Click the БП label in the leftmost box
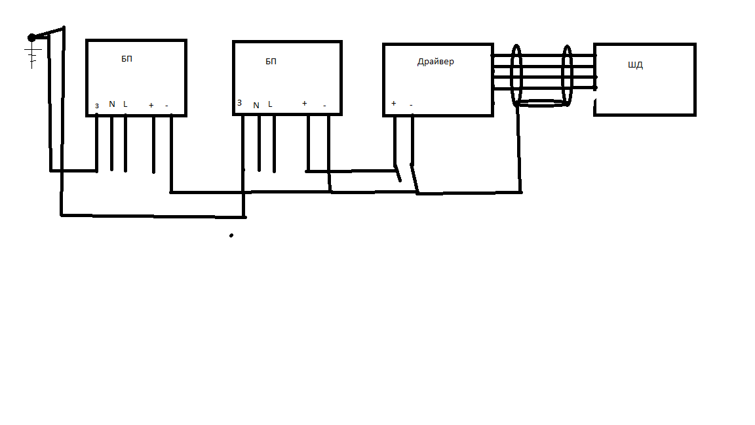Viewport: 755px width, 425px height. [x=127, y=58]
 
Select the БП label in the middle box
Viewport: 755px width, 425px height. [x=271, y=62]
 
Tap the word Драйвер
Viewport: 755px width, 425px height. [x=435, y=62]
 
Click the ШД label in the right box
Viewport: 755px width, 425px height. [x=635, y=66]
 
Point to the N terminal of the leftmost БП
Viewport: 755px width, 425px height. [x=111, y=104]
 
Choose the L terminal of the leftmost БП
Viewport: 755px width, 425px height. [x=125, y=104]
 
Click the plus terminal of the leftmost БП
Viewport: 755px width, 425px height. [x=151, y=104]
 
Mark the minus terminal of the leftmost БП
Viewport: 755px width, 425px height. [x=166, y=105]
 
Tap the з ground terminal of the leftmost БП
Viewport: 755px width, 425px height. [x=97, y=105]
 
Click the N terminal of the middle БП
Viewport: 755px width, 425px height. [x=256, y=105]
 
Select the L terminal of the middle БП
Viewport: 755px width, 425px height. [x=270, y=104]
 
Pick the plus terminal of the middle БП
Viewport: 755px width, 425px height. [x=304, y=103]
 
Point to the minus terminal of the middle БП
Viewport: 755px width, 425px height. [x=324, y=106]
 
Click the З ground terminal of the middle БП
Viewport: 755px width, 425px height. [x=239, y=103]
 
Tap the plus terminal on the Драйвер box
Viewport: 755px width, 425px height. [x=393, y=103]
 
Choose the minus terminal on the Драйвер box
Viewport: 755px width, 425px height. [x=411, y=104]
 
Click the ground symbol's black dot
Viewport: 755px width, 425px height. [x=31, y=37]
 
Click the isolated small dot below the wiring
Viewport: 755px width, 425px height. [x=231, y=235]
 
